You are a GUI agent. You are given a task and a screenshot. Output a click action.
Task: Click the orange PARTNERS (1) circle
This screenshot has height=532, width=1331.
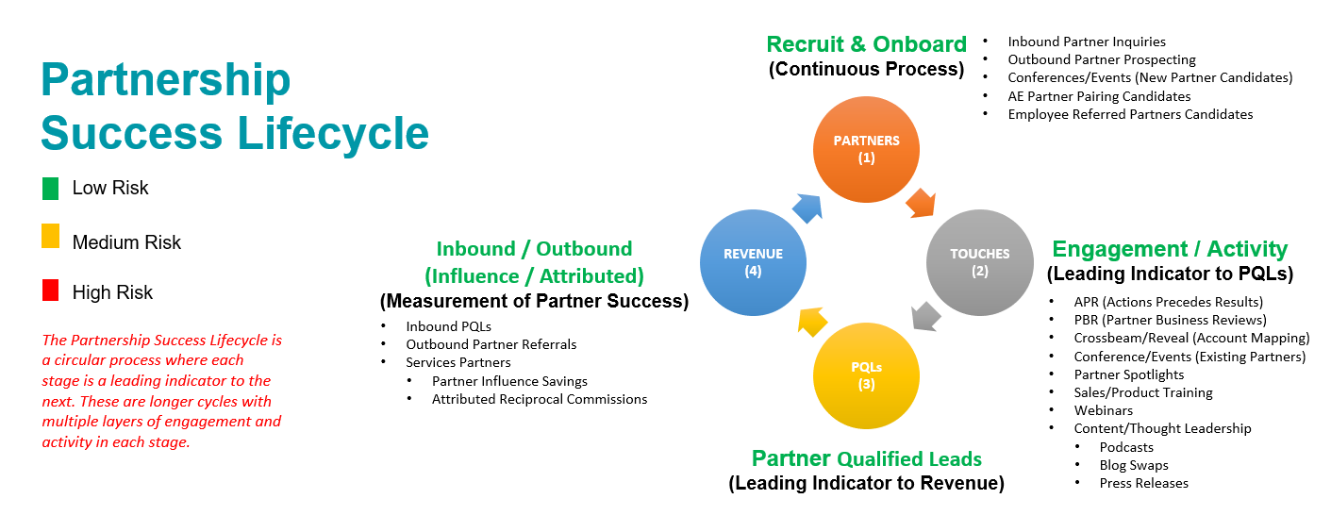pyautogui.click(x=866, y=149)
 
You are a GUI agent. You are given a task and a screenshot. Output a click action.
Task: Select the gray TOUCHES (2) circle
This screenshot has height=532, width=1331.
pyautogui.click(x=979, y=261)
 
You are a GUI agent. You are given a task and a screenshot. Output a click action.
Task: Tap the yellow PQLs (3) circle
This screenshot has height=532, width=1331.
pyautogui.click(x=866, y=374)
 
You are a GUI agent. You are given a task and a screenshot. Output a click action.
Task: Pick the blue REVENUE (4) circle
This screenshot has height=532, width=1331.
pyautogui.click(x=753, y=261)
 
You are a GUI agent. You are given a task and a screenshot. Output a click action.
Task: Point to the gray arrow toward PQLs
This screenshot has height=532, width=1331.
pyautogui.click(x=926, y=314)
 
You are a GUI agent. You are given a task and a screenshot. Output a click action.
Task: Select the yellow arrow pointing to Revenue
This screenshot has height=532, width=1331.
pyautogui.click(x=811, y=321)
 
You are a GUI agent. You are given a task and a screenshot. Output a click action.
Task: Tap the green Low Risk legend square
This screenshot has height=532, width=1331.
pyautogui.click(x=51, y=189)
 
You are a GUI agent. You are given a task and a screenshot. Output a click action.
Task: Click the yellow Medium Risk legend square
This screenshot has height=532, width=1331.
pyautogui.click(x=51, y=237)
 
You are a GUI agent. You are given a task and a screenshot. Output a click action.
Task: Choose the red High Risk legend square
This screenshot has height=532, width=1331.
pyautogui.click(x=51, y=291)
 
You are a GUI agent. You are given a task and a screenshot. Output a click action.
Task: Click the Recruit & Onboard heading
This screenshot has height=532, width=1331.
pyautogui.click(x=866, y=44)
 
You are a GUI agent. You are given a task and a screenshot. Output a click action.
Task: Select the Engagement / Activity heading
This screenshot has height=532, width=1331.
pyautogui.click(x=1170, y=249)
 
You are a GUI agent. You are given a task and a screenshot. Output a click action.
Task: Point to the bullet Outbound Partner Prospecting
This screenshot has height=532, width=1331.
pyautogui.click(x=1102, y=59)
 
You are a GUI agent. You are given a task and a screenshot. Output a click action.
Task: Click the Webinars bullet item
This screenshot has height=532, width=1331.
pyautogui.click(x=1103, y=410)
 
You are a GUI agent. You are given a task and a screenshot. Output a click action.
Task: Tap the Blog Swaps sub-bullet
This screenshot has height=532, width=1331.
pyautogui.click(x=1134, y=465)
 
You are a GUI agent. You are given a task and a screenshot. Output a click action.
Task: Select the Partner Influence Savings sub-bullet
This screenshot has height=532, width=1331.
pyautogui.click(x=509, y=381)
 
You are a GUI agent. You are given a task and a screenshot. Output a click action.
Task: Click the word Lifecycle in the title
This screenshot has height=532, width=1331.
pyautogui.click(x=333, y=132)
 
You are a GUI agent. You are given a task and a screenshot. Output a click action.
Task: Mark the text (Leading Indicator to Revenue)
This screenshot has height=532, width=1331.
pyautogui.click(x=866, y=484)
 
